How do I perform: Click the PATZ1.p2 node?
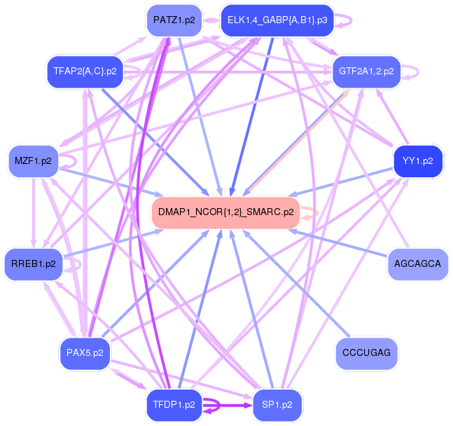(x=174, y=20)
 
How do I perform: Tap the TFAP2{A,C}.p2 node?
(x=85, y=71)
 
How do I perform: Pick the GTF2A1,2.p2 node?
(x=365, y=71)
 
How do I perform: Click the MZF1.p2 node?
(x=33, y=161)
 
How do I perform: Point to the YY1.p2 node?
(x=418, y=161)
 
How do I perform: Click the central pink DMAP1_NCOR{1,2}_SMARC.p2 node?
(x=225, y=212)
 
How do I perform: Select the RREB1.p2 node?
(x=33, y=263)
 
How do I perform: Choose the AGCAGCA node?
(x=417, y=263)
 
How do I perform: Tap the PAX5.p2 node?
(x=85, y=352)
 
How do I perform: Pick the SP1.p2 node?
(x=277, y=404)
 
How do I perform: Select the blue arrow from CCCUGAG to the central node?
(x=294, y=280)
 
